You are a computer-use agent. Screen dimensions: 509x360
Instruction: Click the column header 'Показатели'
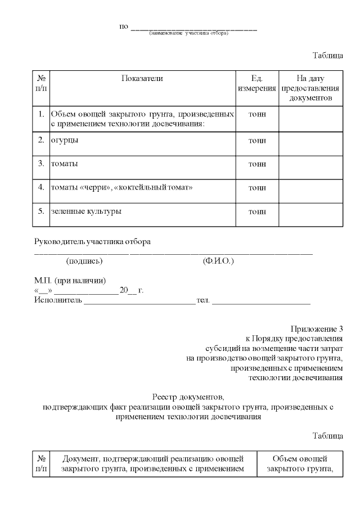142,79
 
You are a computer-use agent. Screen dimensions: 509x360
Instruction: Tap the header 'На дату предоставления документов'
310,88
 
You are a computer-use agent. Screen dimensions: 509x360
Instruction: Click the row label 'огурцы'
65,140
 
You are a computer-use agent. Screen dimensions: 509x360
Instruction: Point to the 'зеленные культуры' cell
86,211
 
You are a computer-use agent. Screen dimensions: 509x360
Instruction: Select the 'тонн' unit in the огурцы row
257,141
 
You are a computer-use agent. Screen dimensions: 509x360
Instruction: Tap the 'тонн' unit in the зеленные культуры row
257,212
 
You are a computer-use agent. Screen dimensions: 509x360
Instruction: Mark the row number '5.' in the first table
41,211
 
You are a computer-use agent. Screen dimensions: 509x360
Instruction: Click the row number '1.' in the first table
41,114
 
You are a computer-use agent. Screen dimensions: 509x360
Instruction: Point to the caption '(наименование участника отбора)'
188,33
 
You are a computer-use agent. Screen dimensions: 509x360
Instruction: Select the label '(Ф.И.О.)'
218,262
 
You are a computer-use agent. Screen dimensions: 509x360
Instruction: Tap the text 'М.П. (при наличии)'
70,281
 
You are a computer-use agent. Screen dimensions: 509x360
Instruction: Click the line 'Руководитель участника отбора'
93,242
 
